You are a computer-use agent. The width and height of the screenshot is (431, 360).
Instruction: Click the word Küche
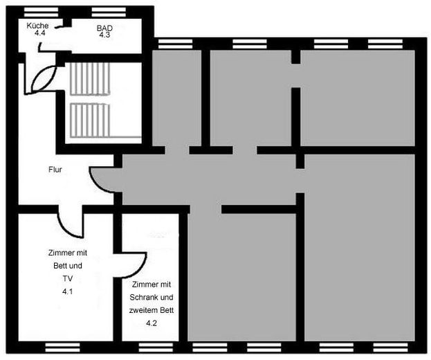(x=37, y=25)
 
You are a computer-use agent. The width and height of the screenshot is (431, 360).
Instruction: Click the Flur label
(x=55, y=169)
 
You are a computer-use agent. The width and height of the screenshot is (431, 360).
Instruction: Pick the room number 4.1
(x=67, y=292)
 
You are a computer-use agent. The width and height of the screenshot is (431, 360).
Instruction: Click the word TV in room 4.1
(x=67, y=279)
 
